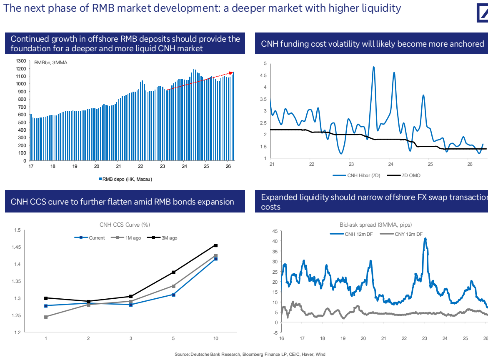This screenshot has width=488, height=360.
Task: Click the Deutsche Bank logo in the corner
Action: coord(483,13)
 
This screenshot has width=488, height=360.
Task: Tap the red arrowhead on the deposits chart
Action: coord(231,73)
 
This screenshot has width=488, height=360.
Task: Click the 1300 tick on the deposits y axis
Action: coord(21,61)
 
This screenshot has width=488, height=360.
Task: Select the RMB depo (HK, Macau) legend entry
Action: coord(125,179)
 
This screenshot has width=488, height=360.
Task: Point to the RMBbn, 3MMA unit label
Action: coord(51,62)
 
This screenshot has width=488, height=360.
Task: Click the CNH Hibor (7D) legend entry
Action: coord(356,175)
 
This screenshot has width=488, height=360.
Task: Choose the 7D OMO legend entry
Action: coord(404,175)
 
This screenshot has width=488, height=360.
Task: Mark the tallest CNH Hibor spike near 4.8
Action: coord(373,67)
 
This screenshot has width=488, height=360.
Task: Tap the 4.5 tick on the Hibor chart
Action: coord(263,75)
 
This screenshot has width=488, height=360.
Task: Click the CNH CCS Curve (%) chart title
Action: coord(125,225)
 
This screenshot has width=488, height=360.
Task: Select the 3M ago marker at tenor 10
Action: coord(216,245)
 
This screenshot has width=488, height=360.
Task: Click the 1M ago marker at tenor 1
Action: coord(46,317)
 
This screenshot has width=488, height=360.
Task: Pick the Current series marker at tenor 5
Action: coord(173,295)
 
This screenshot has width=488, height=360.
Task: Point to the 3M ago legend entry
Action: coord(162,238)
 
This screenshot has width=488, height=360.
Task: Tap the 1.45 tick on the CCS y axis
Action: coord(16,247)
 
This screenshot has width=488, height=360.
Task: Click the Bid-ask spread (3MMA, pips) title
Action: coord(375,225)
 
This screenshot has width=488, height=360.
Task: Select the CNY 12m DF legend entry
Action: coord(401,234)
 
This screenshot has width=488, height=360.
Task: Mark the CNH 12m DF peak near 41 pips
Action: coord(425,239)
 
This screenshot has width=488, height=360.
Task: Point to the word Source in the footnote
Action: coord(182,354)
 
